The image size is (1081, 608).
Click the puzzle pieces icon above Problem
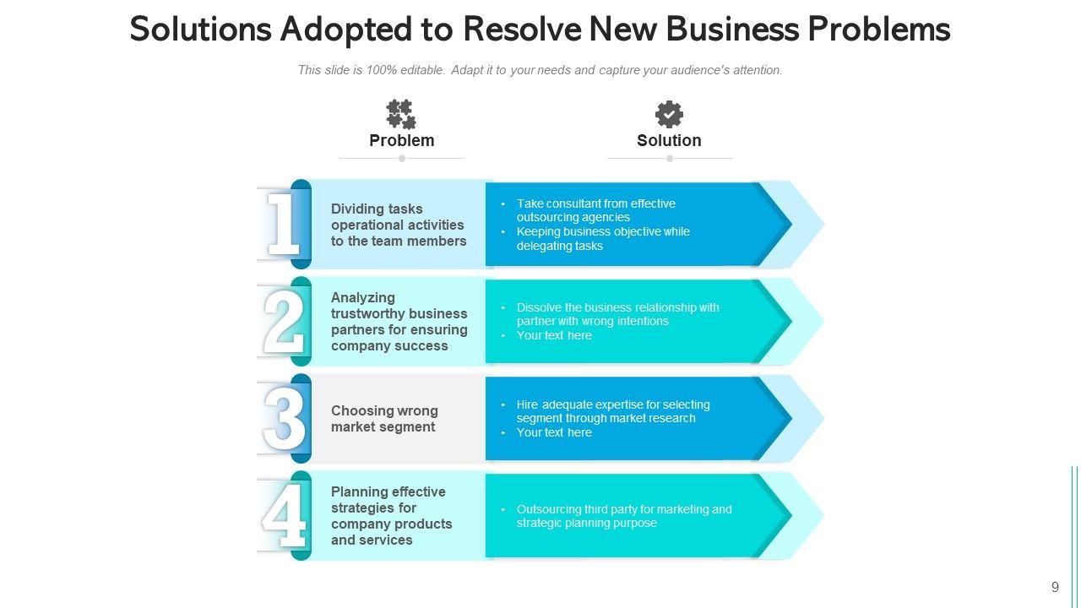401,114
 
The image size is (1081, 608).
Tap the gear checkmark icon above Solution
669,114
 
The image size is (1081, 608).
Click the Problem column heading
402,140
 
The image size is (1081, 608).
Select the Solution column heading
669,140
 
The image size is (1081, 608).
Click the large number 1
283,224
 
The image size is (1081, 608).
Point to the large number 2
284,322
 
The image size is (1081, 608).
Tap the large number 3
284,419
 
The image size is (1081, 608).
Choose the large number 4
284,516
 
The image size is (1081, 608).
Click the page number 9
1055,588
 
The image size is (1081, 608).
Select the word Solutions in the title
199,30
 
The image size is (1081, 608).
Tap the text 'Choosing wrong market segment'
384,419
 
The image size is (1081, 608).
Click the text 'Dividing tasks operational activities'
398,225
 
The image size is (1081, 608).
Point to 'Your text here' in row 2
554,335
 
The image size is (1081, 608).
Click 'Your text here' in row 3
554,432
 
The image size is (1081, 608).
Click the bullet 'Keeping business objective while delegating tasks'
603,239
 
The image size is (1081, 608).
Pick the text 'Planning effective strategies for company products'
391,516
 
